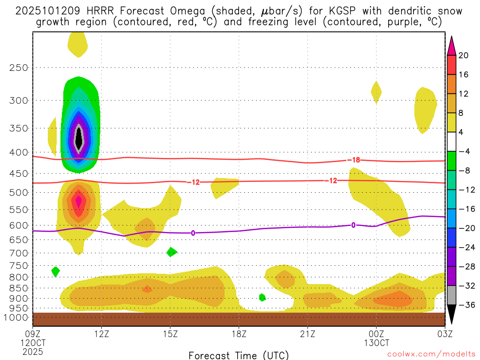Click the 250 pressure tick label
[19, 67]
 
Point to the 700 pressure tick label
[19, 253]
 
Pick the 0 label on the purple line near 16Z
[193, 233]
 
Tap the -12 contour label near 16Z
[193, 182]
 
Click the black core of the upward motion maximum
[79, 138]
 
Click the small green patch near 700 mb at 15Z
[172, 252]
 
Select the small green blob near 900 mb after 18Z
[262, 297]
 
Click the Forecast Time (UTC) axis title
[239, 355]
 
